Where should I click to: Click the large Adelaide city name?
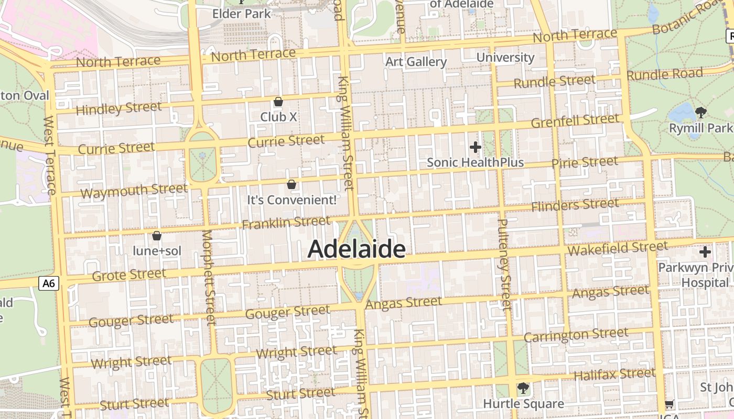[357, 249]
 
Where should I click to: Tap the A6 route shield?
[49, 283]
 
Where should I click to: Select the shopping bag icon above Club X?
[278, 102]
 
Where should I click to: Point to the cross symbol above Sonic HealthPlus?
[476, 147]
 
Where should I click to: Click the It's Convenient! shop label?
[292, 200]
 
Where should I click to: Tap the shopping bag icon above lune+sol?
[156, 236]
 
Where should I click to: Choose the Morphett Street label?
[208, 277]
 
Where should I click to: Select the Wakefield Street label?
[618, 248]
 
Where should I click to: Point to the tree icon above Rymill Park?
[700, 112]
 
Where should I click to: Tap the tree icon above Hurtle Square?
[523, 388]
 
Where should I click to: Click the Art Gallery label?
[416, 62]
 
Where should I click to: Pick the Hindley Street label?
[119, 108]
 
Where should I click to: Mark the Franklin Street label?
[286, 223]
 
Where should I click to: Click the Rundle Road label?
[664, 74]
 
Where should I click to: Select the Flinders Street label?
[575, 205]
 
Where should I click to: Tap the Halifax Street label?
[614, 374]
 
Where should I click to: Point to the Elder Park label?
[242, 14]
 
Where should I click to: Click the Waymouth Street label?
[134, 191]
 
